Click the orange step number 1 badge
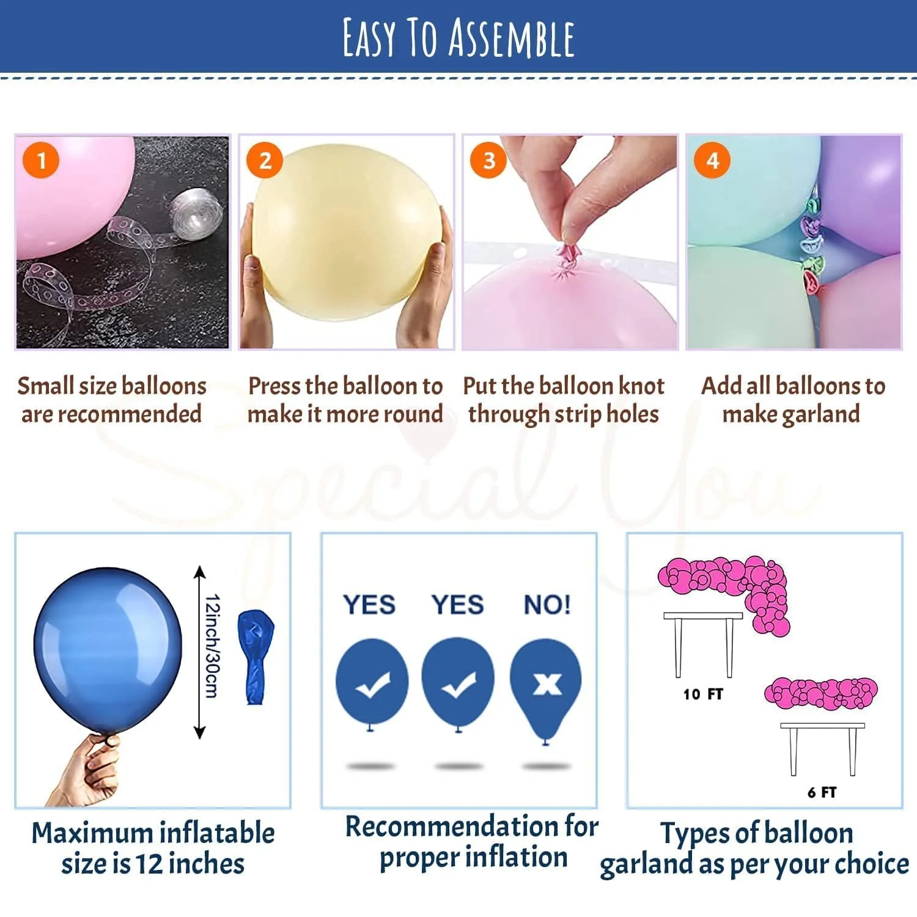(41, 161)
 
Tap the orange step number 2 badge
(264, 161)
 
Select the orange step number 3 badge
(488, 161)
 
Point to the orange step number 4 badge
(712, 161)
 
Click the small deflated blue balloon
(255, 655)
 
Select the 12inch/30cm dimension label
(212, 646)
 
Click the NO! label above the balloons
(547, 605)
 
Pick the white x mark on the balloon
(547, 683)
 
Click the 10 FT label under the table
(703, 694)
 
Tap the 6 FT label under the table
(822, 793)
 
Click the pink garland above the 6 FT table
(820, 693)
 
